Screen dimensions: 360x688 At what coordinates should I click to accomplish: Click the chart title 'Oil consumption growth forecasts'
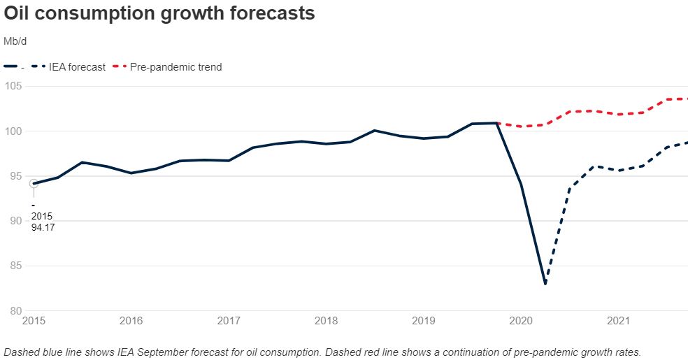point(159,13)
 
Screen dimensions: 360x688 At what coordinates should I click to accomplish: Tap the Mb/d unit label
point(15,42)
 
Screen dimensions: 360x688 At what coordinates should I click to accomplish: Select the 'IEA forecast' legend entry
point(78,67)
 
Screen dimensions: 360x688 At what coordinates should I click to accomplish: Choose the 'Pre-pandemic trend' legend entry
point(176,67)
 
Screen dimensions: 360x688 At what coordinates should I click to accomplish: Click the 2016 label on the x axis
point(131,322)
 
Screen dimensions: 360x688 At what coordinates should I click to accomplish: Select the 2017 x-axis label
point(229,322)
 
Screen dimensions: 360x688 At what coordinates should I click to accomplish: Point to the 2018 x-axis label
point(326,322)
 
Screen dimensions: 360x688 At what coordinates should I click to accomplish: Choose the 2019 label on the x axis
point(424,322)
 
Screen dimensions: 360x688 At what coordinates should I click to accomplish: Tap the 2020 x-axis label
point(521,322)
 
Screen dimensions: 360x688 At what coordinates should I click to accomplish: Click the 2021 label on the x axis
point(618,322)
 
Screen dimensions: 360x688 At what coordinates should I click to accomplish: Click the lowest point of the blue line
point(545,284)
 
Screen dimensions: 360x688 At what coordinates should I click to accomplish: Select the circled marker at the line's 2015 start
point(33,184)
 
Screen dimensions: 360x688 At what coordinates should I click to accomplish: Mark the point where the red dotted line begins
point(497,124)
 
